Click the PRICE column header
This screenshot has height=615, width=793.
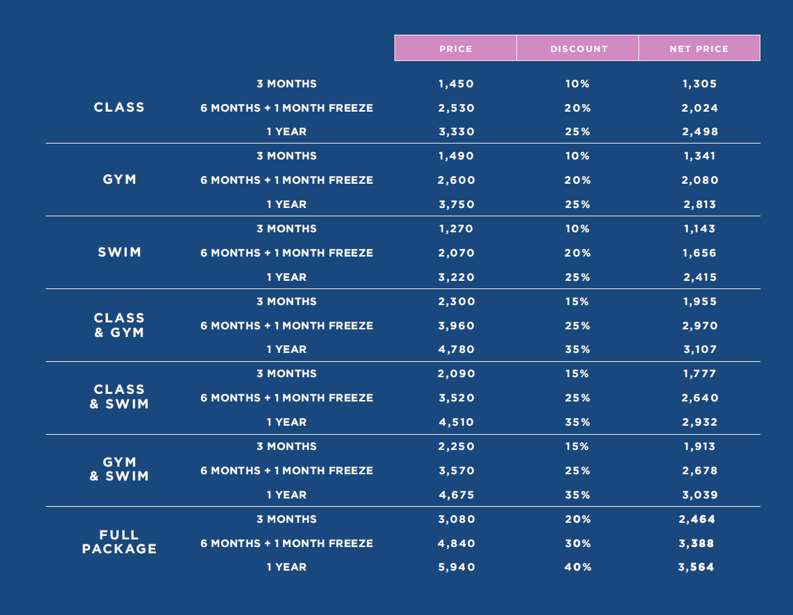click(x=455, y=49)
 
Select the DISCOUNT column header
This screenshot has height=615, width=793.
click(x=578, y=49)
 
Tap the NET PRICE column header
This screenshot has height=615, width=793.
click(x=699, y=49)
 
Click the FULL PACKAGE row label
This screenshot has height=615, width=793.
click(x=119, y=542)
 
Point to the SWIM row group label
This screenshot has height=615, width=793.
click(x=119, y=252)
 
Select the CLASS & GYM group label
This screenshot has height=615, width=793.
click(x=119, y=325)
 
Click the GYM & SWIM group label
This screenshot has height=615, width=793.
click(x=119, y=469)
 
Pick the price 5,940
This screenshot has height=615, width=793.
click(x=456, y=567)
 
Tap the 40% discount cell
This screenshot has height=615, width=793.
click(x=577, y=567)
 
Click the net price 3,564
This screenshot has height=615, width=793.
click(x=696, y=567)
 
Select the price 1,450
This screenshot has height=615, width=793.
click(x=456, y=84)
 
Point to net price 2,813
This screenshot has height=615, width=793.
click(x=699, y=205)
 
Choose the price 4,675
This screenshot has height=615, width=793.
click(x=456, y=495)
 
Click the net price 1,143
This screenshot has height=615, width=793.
click(x=699, y=229)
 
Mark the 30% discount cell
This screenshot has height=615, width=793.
click(x=577, y=544)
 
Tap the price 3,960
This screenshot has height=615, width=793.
click(x=456, y=326)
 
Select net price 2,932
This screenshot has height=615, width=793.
click(x=699, y=422)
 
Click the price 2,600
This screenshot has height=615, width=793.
click(x=456, y=180)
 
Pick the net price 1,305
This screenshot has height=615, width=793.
click(x=699, y=84)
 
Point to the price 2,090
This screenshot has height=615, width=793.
click(x=456, y=374)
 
